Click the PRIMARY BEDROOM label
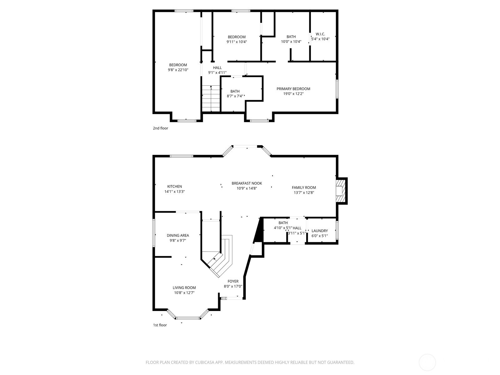tap(293, 89)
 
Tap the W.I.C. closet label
tap(320, 34)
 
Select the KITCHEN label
tap(174, 187)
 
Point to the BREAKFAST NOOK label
tap(247, 183)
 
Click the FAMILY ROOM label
tap(304, 187)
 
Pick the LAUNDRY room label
tap(320, 231)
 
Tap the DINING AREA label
tap(178, 235)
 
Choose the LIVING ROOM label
tap(184, 288)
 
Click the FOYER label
tap(233, 282)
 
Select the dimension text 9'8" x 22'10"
tap(178, 70)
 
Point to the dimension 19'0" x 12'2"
tap(293, 94)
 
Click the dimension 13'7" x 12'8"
tap(304, 192)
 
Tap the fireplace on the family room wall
tap(341, 191)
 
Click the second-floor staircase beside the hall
tap(211, 98)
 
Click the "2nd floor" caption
tap(160, 128)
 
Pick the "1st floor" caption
tap(160, 325)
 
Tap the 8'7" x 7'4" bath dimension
tap(235, 96)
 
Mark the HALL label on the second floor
tap(217, 67)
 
